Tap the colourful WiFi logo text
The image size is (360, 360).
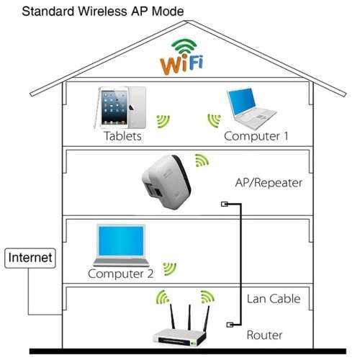coord(181,63)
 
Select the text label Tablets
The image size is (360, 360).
coord(122,136)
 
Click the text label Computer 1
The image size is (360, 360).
coord(256,136)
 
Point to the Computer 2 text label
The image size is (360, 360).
coord(120,274)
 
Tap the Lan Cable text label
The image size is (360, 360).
coord(274,299)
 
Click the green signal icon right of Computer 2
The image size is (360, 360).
coord(170,269)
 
